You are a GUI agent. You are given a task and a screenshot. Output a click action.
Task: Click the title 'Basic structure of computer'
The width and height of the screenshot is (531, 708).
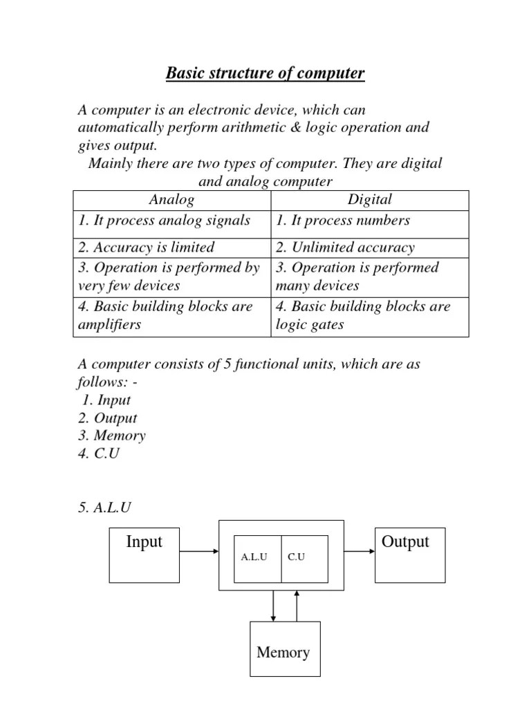265,73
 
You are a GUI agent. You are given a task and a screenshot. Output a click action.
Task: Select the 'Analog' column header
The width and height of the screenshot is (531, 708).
171,200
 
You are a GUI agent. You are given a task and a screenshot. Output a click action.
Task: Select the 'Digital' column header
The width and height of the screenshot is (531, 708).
369,200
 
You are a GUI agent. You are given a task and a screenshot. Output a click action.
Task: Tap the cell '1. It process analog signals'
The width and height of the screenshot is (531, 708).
164,221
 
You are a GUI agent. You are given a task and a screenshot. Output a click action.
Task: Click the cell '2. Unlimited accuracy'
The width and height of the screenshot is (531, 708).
345,248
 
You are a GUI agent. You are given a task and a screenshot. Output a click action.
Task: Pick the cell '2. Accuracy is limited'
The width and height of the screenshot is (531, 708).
146,248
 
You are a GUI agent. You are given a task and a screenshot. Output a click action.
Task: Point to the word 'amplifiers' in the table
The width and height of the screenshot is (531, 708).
108,325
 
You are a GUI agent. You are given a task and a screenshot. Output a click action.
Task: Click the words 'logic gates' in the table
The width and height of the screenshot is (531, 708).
309,325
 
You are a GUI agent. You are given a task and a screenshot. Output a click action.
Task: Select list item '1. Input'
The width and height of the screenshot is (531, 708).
106,400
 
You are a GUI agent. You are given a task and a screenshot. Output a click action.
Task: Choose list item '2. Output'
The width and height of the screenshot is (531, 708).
107,418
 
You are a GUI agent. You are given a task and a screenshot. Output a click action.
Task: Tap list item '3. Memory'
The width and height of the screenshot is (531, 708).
111,436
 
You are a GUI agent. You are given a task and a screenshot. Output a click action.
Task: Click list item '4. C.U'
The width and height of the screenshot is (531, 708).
100,455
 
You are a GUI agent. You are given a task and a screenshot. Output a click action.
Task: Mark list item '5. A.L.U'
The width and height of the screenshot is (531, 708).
104,508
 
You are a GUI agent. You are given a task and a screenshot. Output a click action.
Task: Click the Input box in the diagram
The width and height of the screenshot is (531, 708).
145,555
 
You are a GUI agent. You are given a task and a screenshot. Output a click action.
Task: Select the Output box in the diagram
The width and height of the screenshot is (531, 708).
410,555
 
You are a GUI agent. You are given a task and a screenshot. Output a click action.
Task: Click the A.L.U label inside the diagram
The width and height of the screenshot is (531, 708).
254,557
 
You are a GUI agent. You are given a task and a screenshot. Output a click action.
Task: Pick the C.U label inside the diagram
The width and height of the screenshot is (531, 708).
296,557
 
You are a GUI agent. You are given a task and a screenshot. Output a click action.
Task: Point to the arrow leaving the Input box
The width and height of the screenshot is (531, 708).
198,551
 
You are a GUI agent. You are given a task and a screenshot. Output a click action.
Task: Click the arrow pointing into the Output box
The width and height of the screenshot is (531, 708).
359,551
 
